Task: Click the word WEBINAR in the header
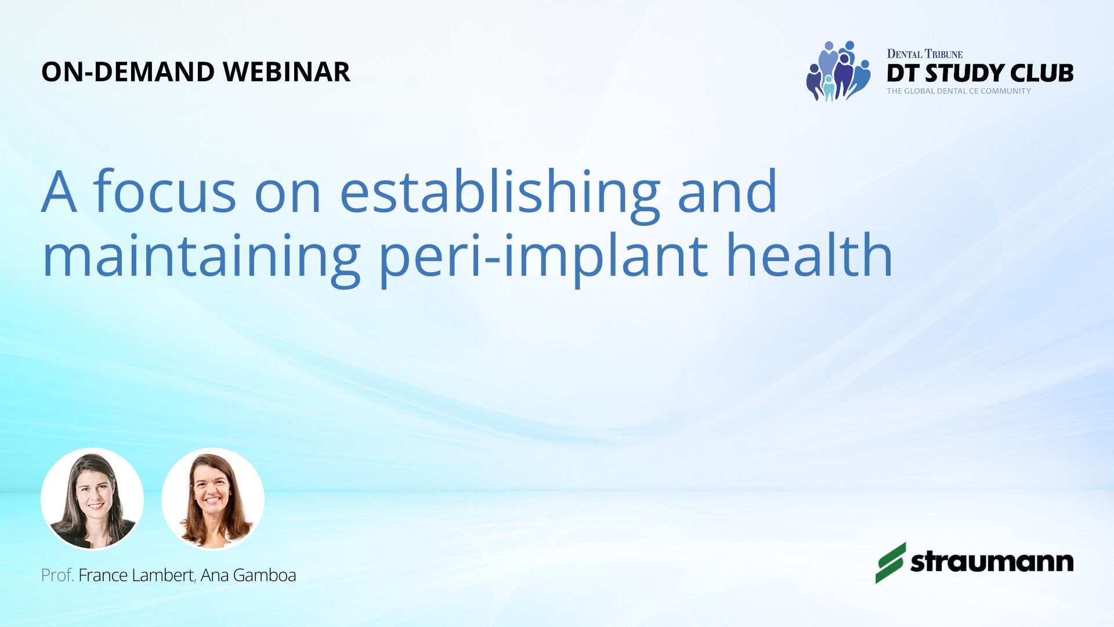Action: [287, 72]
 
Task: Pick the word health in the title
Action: [809, 254]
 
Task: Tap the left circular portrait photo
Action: [92, 499]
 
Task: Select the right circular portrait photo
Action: [213, 499]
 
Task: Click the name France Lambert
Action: [136, 575]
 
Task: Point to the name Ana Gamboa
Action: [248, 575]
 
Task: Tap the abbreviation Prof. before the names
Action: [57, 575]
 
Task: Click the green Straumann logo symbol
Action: [891, 563]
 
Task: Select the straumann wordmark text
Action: [992, 561]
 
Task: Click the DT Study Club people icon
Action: [838, 71]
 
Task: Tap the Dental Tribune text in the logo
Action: [925, 54]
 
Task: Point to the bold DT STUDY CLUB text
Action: [980, 73]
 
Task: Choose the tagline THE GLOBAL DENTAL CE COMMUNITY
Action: [959, 91]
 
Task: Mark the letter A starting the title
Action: [59, 192]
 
